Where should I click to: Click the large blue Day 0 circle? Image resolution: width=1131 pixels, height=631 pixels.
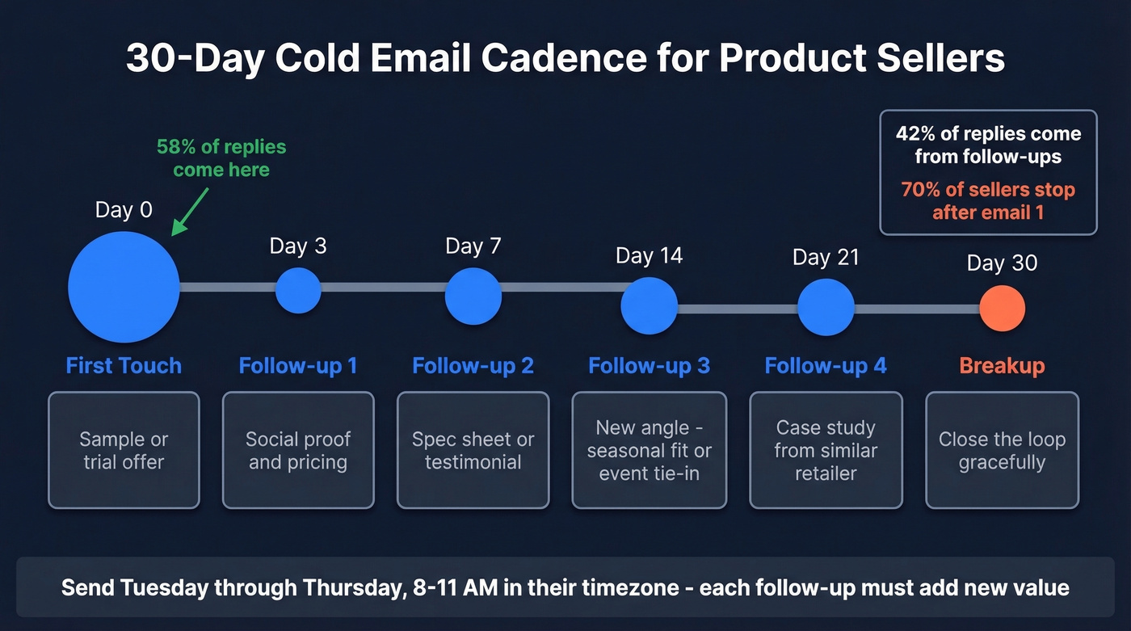[x=124, y=287]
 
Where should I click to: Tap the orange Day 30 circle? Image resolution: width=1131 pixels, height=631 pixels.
[x=1002, y=308]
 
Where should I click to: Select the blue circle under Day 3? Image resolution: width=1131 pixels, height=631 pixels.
[x=298, y=290]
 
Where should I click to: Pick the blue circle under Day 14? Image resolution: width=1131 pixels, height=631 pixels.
[x=649, y=305]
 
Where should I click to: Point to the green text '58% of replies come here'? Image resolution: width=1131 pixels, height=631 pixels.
[x=221, y=158]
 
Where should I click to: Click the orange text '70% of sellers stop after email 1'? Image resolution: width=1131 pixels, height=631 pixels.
[x=988, y=201]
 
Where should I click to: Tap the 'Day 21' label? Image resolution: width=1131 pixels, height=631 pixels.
[x=826, y=258]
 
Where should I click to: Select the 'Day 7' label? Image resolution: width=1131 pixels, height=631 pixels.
[x=473, y=246]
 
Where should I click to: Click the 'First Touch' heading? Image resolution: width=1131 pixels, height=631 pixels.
[x=124, y=366]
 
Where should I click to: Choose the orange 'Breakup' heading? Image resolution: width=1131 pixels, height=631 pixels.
[x=1002, y=366]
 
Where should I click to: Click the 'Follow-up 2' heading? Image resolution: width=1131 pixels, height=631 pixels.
[x=473, y=366]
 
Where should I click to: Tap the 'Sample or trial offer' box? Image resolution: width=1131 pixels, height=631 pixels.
[x=124, y=450]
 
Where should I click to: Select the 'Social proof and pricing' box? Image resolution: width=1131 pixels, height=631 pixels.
[x=298, y=450]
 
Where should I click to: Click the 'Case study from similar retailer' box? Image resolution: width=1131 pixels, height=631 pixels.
[x=826, y=450]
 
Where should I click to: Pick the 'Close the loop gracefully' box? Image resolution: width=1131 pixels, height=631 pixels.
[x=1002, y=450]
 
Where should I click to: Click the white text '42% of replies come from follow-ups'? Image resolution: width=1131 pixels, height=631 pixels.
[x=988, y=145]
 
